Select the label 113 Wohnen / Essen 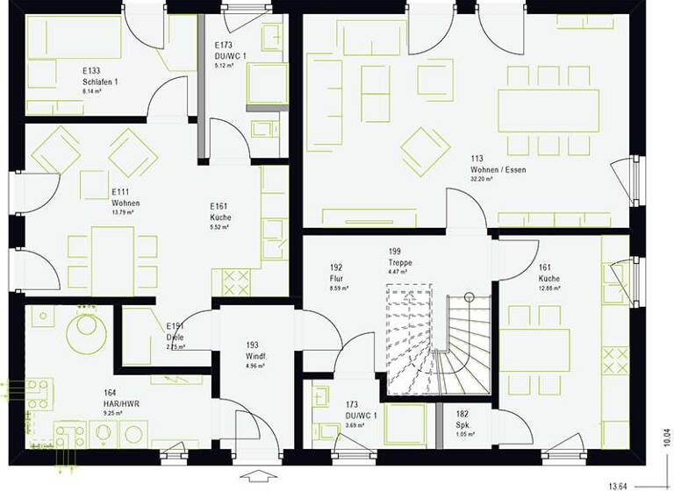[498, 164]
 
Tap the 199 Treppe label [400, 256]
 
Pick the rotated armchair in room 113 [426, 148]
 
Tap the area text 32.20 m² [482, 179]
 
